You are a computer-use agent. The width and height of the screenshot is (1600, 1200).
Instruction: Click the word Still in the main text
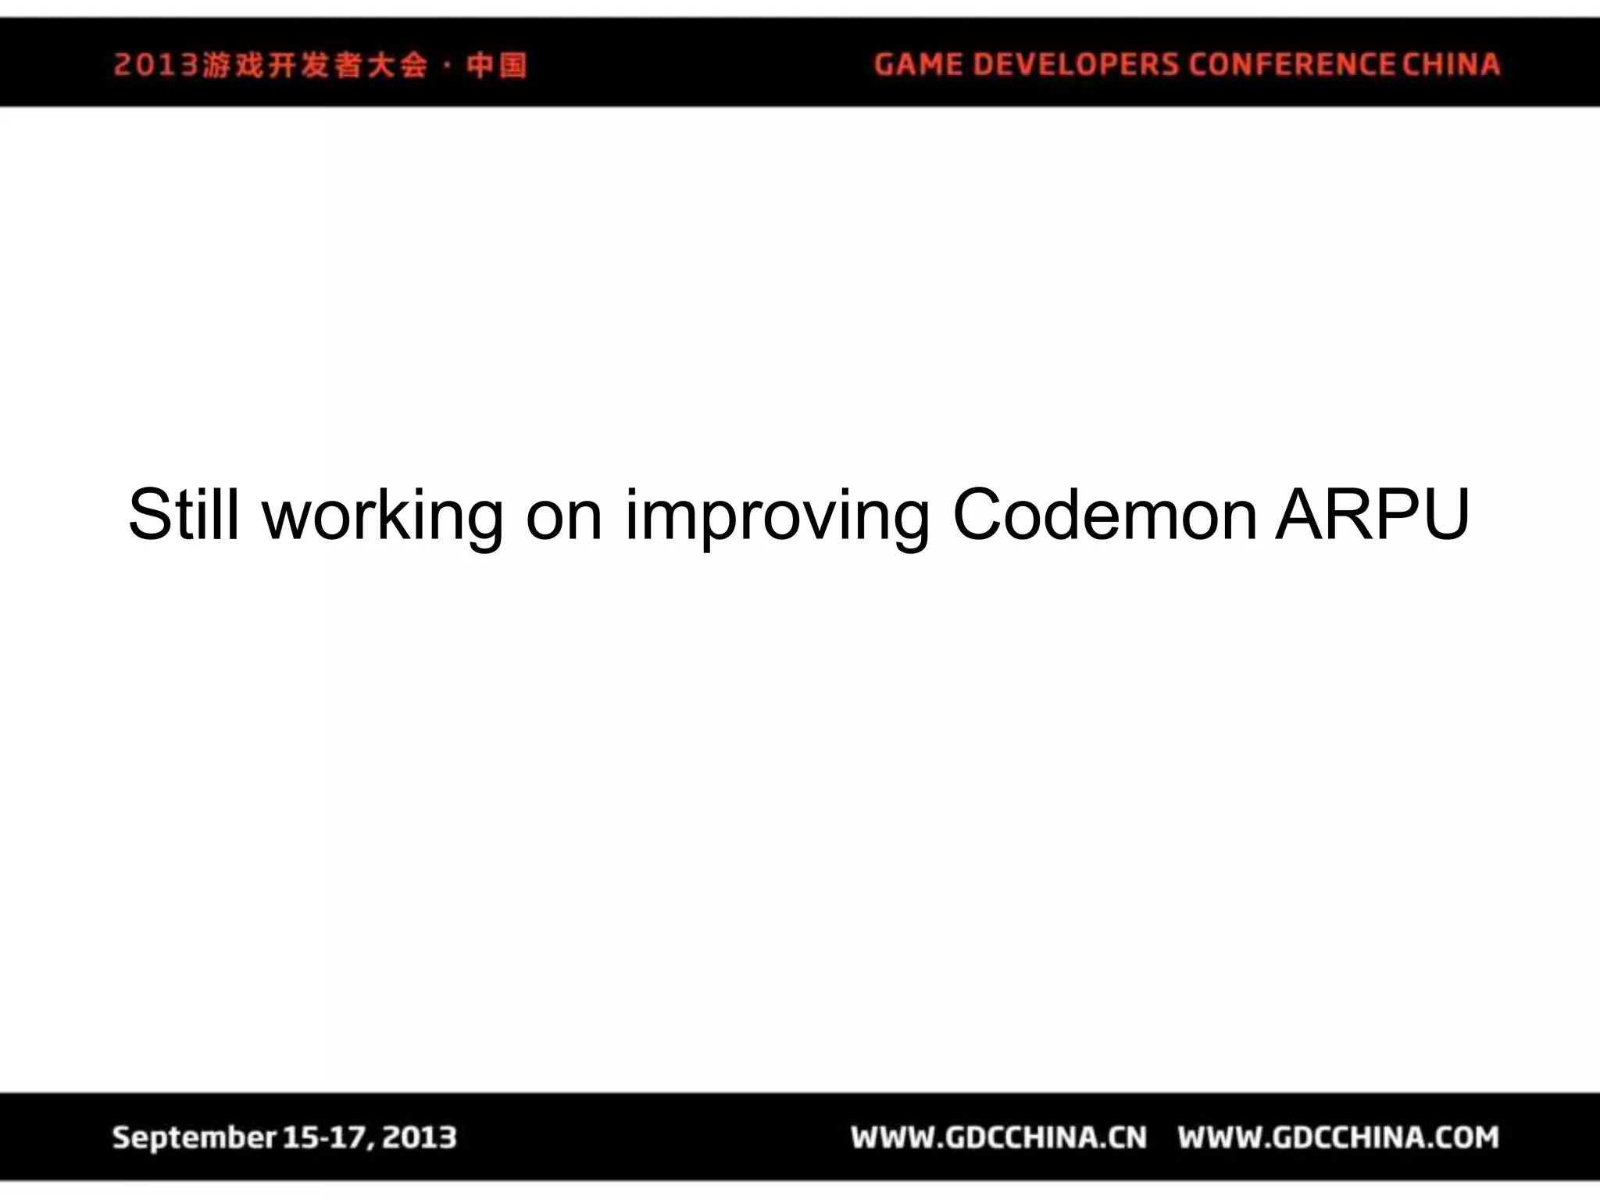click(184, 515)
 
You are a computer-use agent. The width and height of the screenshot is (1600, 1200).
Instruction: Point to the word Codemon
click(1105, 515)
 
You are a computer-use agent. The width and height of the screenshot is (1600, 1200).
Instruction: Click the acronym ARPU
click(1373, 515)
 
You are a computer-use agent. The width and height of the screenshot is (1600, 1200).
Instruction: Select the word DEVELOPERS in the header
click(1076, 64)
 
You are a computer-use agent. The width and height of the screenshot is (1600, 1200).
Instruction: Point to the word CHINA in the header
click(1451, 64)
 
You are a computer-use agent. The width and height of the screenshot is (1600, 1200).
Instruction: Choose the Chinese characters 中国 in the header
click(497, 65)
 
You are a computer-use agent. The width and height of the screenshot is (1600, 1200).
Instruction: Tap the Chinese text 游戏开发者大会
click(315, 65)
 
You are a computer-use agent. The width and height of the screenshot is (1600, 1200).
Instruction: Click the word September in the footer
click(194, 1137)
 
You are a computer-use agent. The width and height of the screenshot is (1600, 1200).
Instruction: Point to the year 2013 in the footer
click(420, 1137)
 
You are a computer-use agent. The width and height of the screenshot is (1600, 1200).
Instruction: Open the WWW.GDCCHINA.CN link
click(998, 1137)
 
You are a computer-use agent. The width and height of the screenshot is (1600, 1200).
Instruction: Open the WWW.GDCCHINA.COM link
click(1338, 1137)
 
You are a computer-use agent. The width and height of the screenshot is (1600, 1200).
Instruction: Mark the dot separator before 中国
click(447, 66)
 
